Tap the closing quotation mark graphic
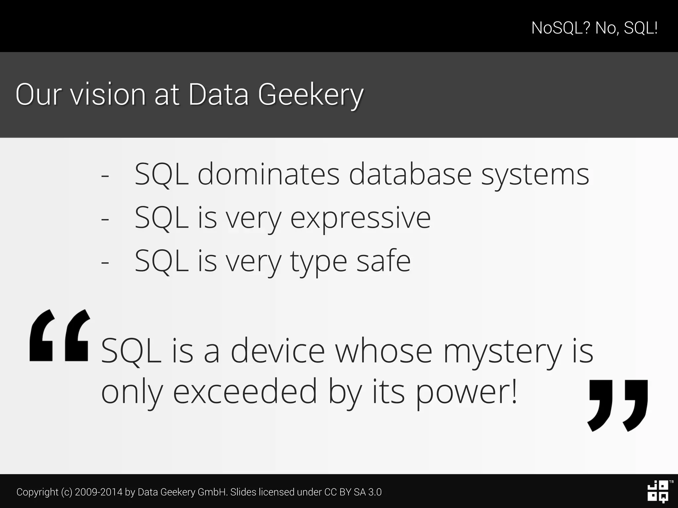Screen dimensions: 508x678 [x=618, y=405]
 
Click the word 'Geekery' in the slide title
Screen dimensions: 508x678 [x=311, y=95]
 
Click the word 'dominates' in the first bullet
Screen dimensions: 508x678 [x=268, y=174]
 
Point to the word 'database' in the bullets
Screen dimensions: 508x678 [x=410, y=174]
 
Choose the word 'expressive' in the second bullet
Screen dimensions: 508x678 [x=361, y=218]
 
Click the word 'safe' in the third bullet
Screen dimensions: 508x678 [x=383, y=261]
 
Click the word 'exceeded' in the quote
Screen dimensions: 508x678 [x=245, y=392]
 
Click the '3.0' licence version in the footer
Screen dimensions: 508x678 [x=375, y=492]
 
